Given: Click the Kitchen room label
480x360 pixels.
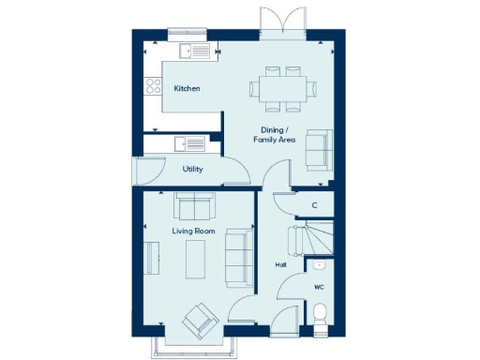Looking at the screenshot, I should click(x=187, y=89).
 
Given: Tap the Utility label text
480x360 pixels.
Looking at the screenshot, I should click(x=193, y=170).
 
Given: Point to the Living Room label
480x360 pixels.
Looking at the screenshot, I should click(x=193, y=230).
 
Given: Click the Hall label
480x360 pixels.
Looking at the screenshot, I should click(x=280, y=265).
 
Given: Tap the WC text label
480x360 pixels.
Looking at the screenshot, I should click(x=319, y=287).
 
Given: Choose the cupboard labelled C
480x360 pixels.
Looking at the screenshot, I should click(x=314, y=204).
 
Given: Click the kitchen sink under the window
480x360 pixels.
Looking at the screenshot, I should click(x=193, y=51).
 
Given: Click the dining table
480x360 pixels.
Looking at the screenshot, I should click(x=281, y=89).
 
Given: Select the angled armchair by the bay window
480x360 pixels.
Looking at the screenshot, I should click(x=200, y=321).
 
